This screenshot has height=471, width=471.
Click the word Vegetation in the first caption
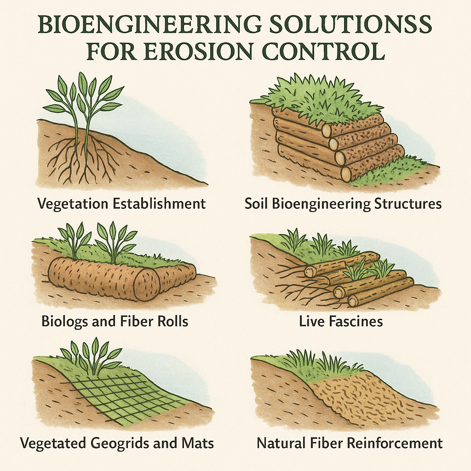coord(73,204)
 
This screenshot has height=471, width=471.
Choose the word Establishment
coord(160,203)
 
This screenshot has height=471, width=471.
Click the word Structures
coord(408,204)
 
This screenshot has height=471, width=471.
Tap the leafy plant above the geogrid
coord(91,356)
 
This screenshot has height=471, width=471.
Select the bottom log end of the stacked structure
coord(346,173)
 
